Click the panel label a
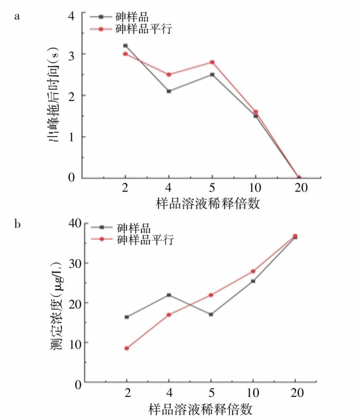(x=17, y=16)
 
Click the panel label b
(x=17, y=223)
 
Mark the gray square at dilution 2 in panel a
(x=126, y=46)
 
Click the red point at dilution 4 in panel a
(x=169, y=75)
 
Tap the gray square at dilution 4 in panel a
(x=169, y=91)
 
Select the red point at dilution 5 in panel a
(x=212, y=62)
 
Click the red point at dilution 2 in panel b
(x=127, y=348)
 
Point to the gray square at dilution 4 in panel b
(x=169, y=295)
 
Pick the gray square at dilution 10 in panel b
(x=253, y=281)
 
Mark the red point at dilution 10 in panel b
(x=253, y=271)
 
